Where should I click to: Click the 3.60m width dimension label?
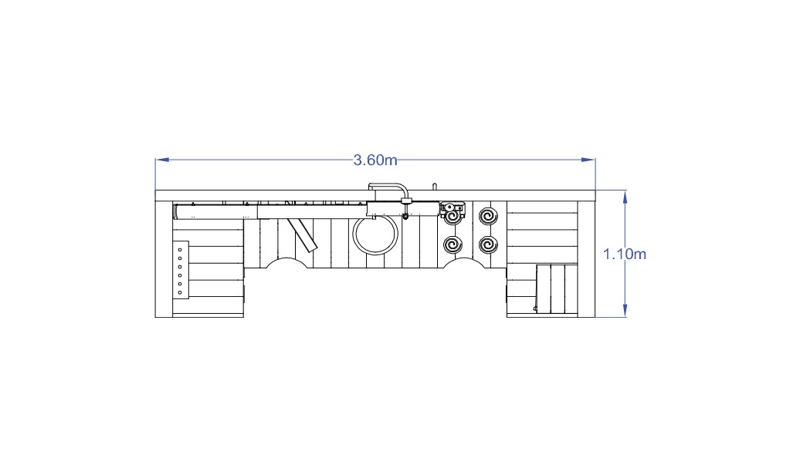[375, 160]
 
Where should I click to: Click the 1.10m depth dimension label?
[625, 254]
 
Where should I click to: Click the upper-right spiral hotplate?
[488, 216]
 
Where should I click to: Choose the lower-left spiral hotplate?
[453, 245]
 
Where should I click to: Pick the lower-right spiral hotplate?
[488, 245]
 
